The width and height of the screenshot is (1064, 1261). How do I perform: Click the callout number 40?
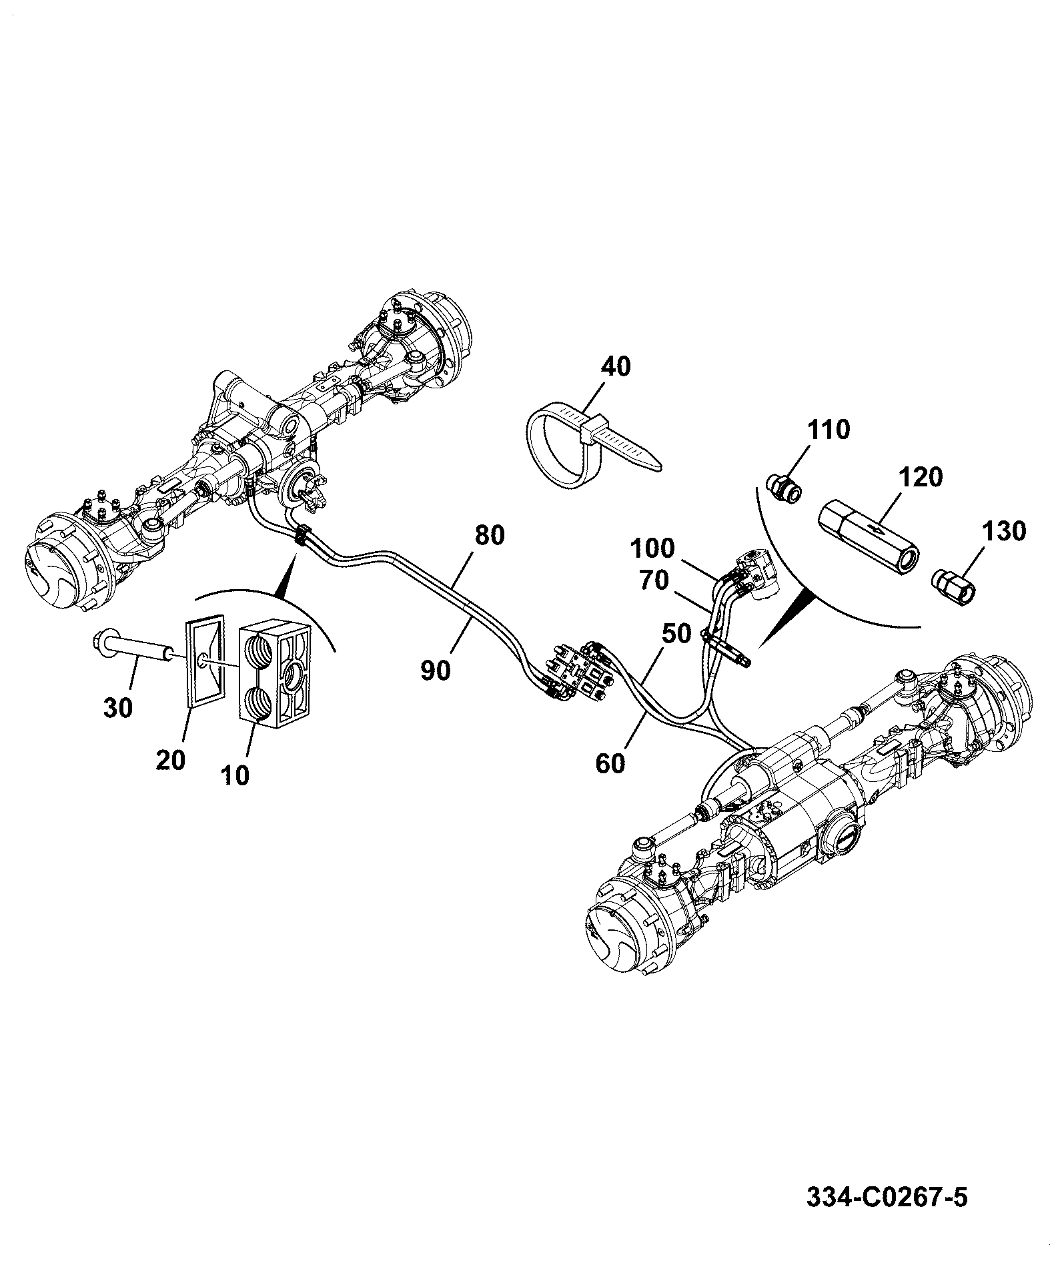coord(615,366)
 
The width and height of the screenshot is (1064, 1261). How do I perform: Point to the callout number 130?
coord(1003,531)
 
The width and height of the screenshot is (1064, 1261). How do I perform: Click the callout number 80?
coord(490,535)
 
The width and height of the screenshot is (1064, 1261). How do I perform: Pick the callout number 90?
coord(435,671)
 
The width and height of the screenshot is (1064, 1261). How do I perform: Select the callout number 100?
coord(653,548)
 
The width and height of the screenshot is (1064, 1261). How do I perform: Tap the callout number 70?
coord(654,580)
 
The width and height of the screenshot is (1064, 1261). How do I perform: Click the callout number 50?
coord(676,633)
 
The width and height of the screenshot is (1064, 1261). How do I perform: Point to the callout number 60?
coord(610,763)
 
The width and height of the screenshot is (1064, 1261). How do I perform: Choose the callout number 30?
coord(118,707)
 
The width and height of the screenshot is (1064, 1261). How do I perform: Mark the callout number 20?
coord(170,760)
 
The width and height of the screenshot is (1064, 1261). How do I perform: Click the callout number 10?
coord(235,775)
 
